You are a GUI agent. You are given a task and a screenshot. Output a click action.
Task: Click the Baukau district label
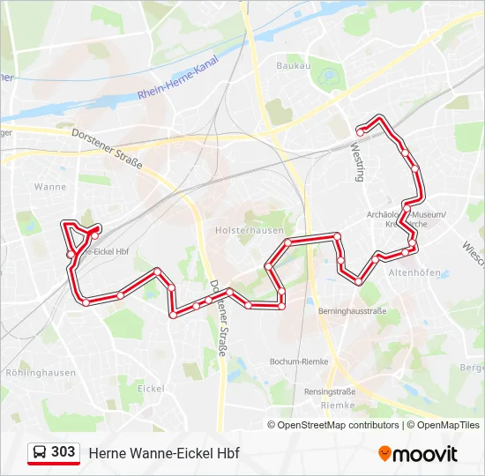click(294, 65)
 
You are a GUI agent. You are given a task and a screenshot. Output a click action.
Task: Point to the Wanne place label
click(49, 187)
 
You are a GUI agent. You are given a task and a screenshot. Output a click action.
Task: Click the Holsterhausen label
click(245, 230)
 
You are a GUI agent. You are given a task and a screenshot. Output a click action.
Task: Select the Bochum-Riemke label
click(298, 361)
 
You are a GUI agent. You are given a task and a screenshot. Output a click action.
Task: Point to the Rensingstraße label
click(330, 391)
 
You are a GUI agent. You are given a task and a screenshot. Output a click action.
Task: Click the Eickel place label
click(152, 388)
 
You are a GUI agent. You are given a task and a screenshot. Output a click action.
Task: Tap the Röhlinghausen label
click(41, 372)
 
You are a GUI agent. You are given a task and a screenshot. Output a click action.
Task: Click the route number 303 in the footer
click(63, 452)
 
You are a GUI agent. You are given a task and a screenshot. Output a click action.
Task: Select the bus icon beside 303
click(40, 453)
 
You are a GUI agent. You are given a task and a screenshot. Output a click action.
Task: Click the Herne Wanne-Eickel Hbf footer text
click(164, 453)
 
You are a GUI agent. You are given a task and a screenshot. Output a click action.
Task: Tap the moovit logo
click(418, 454)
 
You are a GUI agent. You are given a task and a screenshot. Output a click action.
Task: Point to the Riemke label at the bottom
click(338, 405)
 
